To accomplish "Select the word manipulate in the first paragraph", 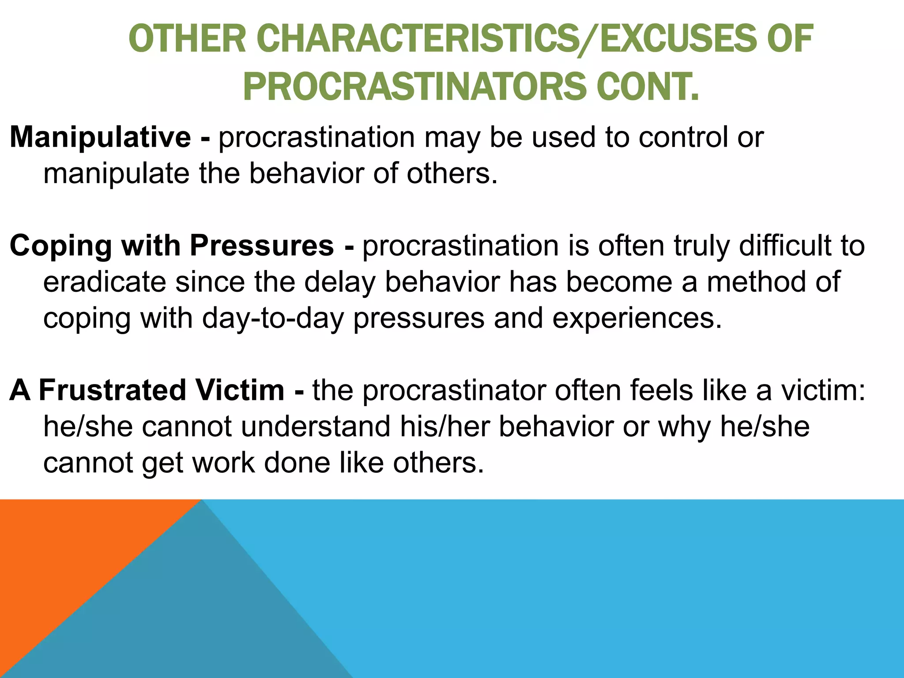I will pos(117,173).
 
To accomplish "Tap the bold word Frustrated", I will pos(113,391).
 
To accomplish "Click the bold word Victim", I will pos(240,391).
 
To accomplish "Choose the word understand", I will pos(316,426).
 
